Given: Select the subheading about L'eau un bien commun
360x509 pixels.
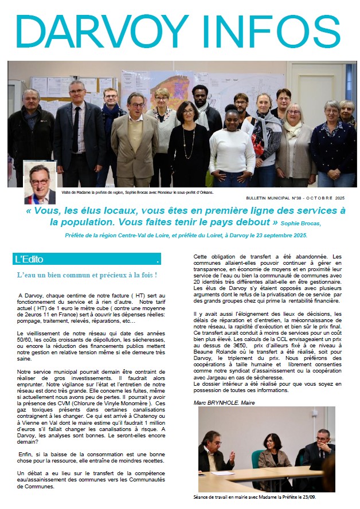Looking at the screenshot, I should (87, 276).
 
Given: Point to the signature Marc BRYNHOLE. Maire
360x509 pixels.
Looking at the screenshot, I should (224, 402).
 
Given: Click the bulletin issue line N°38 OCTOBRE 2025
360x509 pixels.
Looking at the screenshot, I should (301, 198).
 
